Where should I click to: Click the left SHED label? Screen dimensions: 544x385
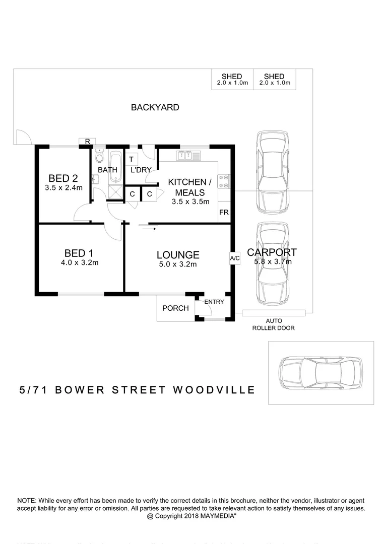(x=232, y=77)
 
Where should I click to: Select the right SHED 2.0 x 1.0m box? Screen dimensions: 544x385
(x=274, y=80)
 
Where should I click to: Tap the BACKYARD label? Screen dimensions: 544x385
(x=155, y=107)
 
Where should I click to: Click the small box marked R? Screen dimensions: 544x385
(x=87, y=142)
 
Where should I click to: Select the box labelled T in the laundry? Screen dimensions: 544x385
(x=132, y=159)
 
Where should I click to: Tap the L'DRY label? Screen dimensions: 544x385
(x=141, y=170)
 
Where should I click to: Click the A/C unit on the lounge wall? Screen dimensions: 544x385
(x=234, y=258)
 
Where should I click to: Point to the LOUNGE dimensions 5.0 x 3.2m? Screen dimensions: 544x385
(x=177, y=264)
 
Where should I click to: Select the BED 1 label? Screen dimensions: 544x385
(x=79, y=253)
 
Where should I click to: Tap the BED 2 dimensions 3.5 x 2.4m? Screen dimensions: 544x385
(x=63, y=188)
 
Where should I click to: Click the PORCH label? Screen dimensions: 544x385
(x=175, y=308)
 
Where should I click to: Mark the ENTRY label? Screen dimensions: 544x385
(x=214, y=302)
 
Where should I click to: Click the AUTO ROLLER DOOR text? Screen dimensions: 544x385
(x=274, y=324)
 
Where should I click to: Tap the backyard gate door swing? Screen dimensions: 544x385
(x=23, y=136)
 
